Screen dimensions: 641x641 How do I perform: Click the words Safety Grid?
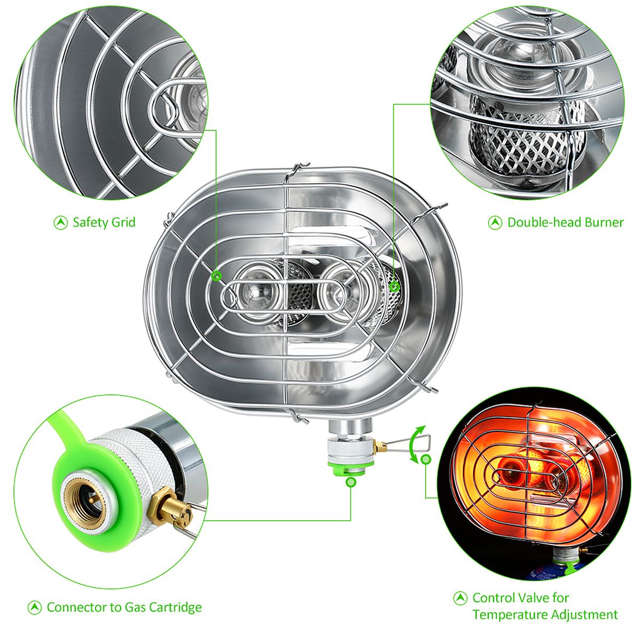coord(104,223)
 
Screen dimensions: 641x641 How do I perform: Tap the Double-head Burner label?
coord(565,222)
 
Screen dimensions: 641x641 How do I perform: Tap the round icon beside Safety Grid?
coord(60,223)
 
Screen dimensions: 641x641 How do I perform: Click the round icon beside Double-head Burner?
coord(495,223)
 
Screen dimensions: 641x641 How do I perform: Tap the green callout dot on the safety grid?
coord(216,276)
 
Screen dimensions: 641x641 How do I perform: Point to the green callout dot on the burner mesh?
coord(395,286)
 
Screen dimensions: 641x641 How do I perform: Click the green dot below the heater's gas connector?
coord(350,481)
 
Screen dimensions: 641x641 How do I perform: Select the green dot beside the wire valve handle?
coord(426,459)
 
